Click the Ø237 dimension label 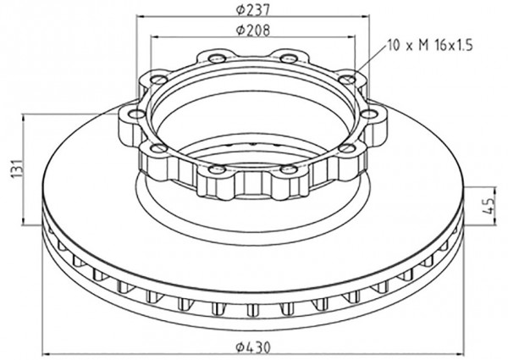[252, 9]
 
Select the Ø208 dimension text [252, 30]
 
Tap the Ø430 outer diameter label [253, 347]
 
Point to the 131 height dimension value [19, 168]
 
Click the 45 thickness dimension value [489, 206]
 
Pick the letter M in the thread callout [423, 46]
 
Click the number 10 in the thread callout [394, 46]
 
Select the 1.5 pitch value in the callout [464, 46]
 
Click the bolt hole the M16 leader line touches [347, 79]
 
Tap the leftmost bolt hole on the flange [136, 114]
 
